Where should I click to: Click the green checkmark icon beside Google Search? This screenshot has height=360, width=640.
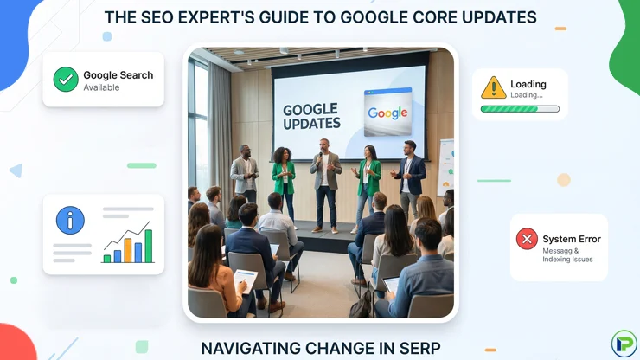66,80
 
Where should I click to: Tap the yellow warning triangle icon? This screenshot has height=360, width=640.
494,88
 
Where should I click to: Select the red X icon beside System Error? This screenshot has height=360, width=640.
527,239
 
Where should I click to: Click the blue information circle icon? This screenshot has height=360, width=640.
70,221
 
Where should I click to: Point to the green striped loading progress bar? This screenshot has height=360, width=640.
520,109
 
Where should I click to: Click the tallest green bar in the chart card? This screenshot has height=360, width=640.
149,246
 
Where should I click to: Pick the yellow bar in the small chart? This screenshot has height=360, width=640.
128,250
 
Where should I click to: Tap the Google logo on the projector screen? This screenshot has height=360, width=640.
387,112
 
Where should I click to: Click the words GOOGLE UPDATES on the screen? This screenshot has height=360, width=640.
311,117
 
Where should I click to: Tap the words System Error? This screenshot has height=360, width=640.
572,239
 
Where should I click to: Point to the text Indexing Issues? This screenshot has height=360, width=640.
567,260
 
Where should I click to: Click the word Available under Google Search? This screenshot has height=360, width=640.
101,87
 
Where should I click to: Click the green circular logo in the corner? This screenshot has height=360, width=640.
624,344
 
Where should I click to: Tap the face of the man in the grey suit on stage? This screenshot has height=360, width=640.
245,150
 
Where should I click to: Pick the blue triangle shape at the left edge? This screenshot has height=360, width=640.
16,170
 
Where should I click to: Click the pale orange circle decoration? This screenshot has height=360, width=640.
564,180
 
